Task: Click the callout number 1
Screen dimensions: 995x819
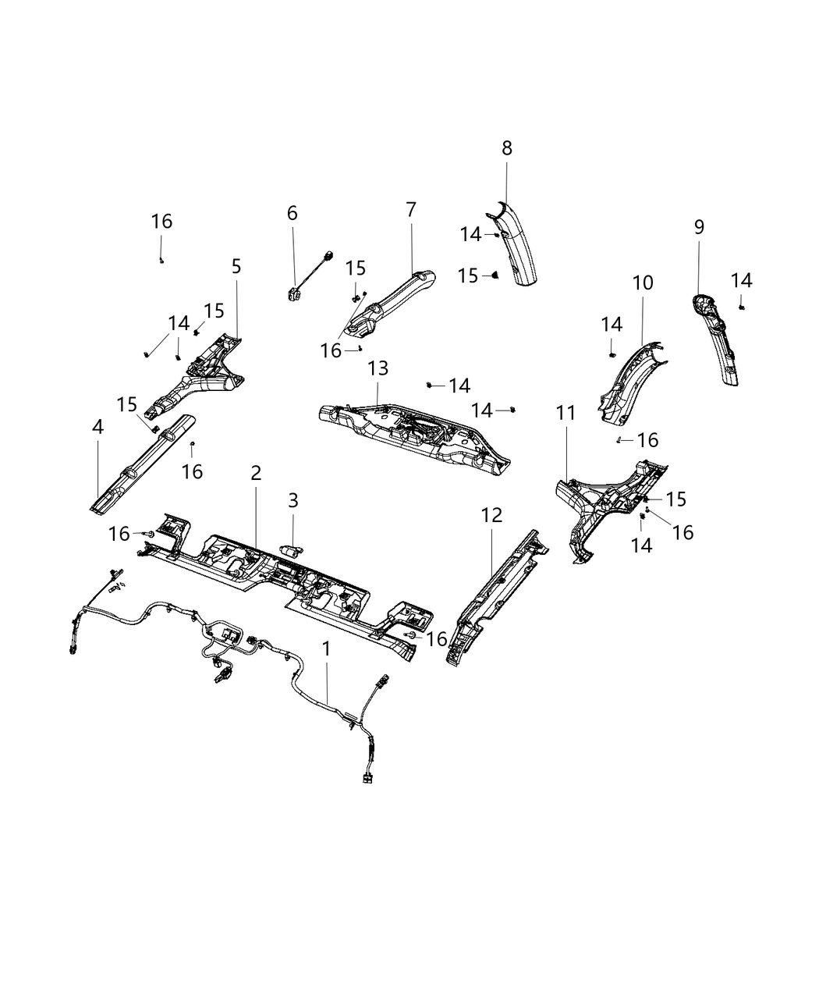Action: pyautogui.click(x=327, y=649)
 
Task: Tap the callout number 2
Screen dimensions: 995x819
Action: pyautogui.click(x=256, y=473)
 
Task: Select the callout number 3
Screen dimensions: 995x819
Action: pyautogui.click(x=293, y=500)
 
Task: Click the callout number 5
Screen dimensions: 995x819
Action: pyautogui.click(x=236, y=266)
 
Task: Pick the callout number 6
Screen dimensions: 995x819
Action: pyautogui.click(x=292, y=212)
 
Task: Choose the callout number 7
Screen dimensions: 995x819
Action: pyautogui.click(x=411, y=209)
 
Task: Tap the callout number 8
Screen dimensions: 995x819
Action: pyautogui.click(x=507, y=147)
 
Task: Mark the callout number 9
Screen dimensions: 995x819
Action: pyautogui.click(x=699, y=227)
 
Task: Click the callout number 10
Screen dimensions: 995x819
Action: pyautogui.click(x=643, y=283)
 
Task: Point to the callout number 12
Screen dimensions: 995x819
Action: pyautogui.click(x=492, y=515)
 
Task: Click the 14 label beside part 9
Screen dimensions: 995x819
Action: pyautogui.click(x=742, y=281)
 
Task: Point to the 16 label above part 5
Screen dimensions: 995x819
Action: pyautogui.click(x=161, y=222)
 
